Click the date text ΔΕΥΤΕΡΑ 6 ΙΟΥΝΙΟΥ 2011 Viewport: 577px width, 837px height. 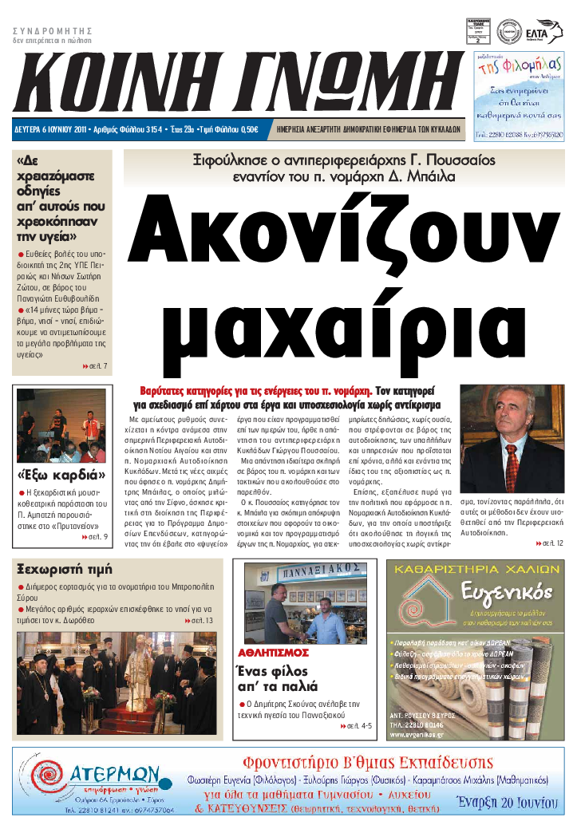(x=51, y=128)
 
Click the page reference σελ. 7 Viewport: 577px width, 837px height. (x=95, y=366)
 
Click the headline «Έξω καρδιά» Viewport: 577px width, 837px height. (x=61, y=476)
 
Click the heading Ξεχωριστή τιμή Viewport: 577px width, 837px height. (x=65, y=569)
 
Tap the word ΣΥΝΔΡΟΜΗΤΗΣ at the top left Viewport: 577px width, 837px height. (x=48, y=30)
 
